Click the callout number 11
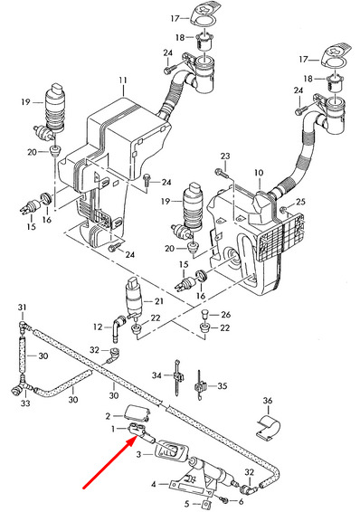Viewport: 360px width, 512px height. [123, 81]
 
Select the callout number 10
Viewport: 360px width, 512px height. [259, 173]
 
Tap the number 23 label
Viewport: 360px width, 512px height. [225, 156]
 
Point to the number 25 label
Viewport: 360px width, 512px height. [300, 202]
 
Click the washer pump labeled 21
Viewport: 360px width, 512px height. [134, 298]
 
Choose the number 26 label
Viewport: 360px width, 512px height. [225, 315]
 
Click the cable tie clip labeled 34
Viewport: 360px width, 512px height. [178, 377]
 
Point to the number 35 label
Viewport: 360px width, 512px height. [223, 385]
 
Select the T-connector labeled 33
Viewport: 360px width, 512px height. [22, 387]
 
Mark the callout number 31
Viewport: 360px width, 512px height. [22, 307]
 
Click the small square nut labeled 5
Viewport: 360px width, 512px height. [206, 504]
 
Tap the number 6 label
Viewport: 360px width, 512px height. [242, 501]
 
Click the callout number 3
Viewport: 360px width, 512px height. [138, 454]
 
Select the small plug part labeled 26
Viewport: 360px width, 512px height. [204, 314]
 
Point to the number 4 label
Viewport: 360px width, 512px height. [154, 484]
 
